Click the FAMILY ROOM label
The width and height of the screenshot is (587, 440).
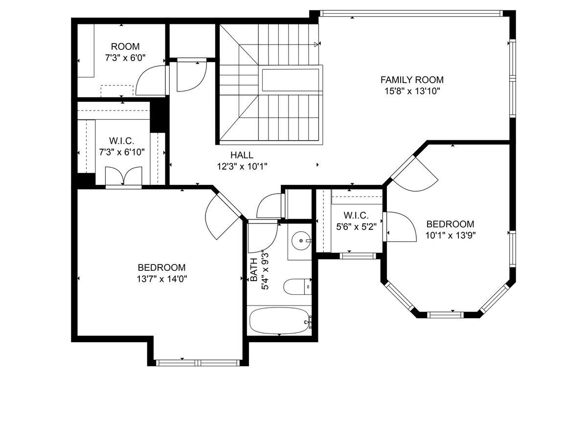pyautogui.click(x=412, y=80)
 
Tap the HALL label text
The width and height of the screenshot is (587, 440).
pyautogui.click(x=242, y=155)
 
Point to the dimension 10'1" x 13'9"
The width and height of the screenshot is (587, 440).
pyautogui.click(x=450, y=235)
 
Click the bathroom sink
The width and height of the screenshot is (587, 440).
pyautogui.click(x=299, y=241)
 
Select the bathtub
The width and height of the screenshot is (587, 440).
pyautogui.click(x=279, y=321)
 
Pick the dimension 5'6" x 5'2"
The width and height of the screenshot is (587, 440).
pyautogui.click(x=356, y=226)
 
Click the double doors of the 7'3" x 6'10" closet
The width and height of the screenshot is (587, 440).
pyautogui.click(x=124, y=176)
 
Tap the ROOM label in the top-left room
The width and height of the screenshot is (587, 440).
pyautogui.click(x=125, y=47)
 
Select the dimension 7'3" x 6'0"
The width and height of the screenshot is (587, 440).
pyautogui.click(x=125, y=58)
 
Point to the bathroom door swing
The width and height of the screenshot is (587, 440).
pyautogui.click(x=263, y=237)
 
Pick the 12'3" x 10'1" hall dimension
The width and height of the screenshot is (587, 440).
pyautogui.click(x=242, y=166)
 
